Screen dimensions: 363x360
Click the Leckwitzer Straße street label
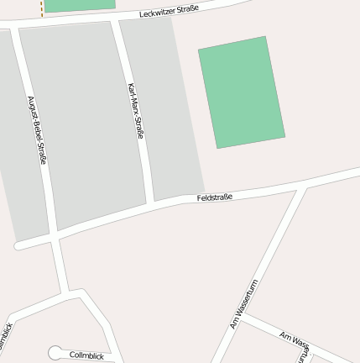pyautogui.click(x=169, y=11)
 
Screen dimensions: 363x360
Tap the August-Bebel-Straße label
pyautogui.click(x=37, y=130)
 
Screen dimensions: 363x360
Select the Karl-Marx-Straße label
pyautogui.click(x=135, y=111)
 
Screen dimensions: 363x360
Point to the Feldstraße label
pyautogui.click(x=214, y=197)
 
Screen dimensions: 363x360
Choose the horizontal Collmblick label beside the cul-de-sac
pyautogui.click(x=86, y=355)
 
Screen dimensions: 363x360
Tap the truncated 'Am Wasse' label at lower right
pyautogui.click(x=295, y=339)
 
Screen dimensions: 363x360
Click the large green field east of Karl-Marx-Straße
pyautogui.click(x=242, y=92)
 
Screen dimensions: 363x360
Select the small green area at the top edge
pyautogui.click(x=79, y=5)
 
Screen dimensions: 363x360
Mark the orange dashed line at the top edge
pyautogui.click(x=42, y=8)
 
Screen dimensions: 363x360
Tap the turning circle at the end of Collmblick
pyautogui.click(x=55, y=353)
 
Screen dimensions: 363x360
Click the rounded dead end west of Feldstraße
pyautogui.click(x=18, y=245)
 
